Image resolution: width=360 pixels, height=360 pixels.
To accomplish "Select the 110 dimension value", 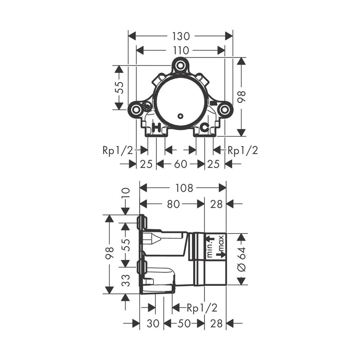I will tap(180, 50).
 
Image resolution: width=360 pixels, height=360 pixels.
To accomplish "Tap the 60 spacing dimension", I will tap(180, 164).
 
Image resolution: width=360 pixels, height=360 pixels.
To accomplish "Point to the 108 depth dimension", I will tap(184, 188).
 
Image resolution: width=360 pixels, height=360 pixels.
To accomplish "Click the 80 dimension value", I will tap(172, 205).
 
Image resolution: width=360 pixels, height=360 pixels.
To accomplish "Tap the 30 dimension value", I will tap(153, 324).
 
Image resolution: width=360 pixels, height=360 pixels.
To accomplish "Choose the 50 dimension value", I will tap(184, 324).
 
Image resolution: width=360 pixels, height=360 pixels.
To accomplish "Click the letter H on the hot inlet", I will tap(156, 127).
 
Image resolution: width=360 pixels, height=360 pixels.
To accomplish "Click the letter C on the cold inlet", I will tap(204, 127).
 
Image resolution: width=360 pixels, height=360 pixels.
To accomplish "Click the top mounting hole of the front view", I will tap(180, 66).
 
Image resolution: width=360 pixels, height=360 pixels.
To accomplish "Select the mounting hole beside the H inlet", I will tap(136, 110).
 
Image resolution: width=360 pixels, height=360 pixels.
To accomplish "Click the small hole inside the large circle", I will tap(180, 116).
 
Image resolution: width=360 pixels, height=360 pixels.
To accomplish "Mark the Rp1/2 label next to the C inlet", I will tap(243, 150).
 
